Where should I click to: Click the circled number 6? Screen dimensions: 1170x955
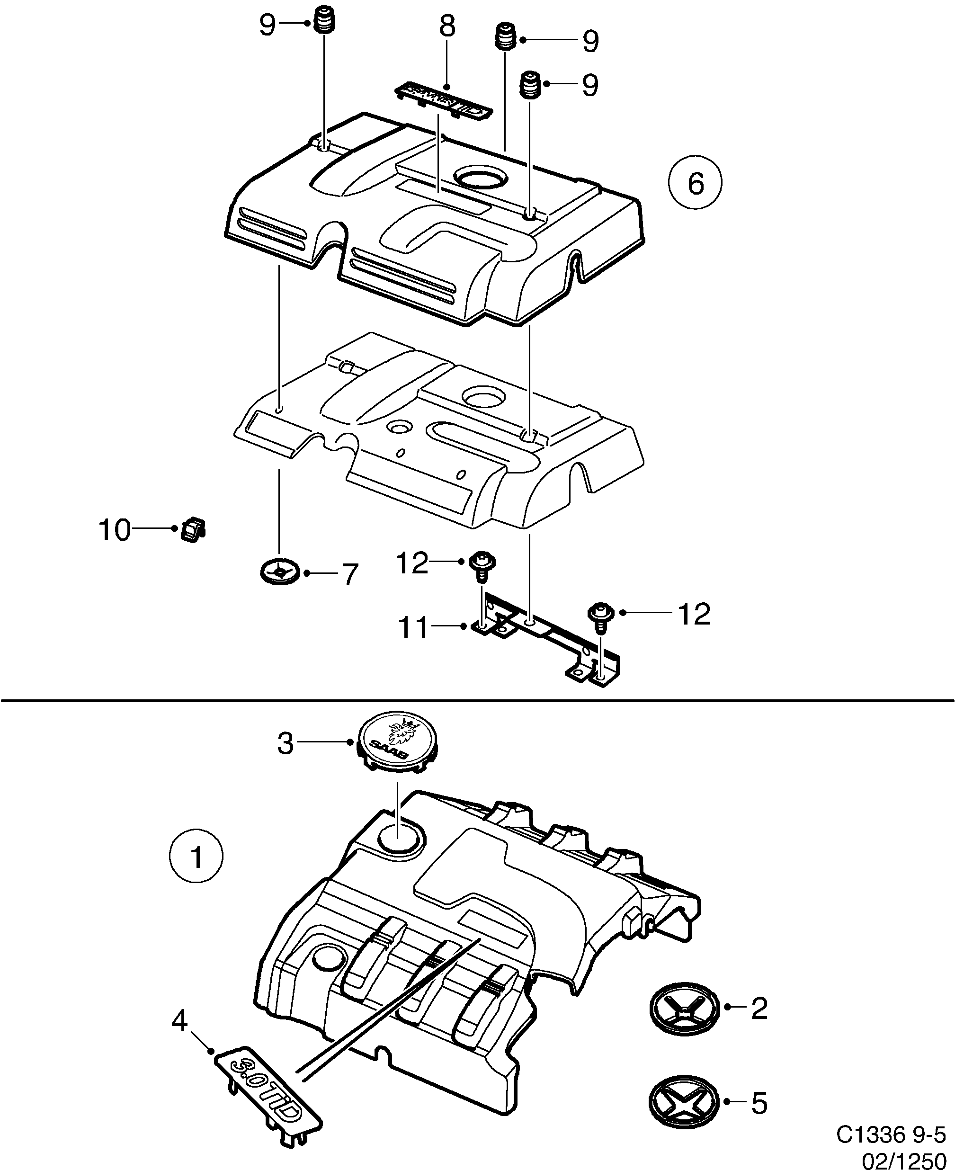tap(696, 183)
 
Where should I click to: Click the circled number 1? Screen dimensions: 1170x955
tap(196, 873)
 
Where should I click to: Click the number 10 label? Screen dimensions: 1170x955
tap(115, 530)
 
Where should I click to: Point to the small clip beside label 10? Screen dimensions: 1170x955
tap(193, 530)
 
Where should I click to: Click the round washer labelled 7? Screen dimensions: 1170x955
tap(279, 572)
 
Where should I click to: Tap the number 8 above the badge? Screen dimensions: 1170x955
tap(447, 26)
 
